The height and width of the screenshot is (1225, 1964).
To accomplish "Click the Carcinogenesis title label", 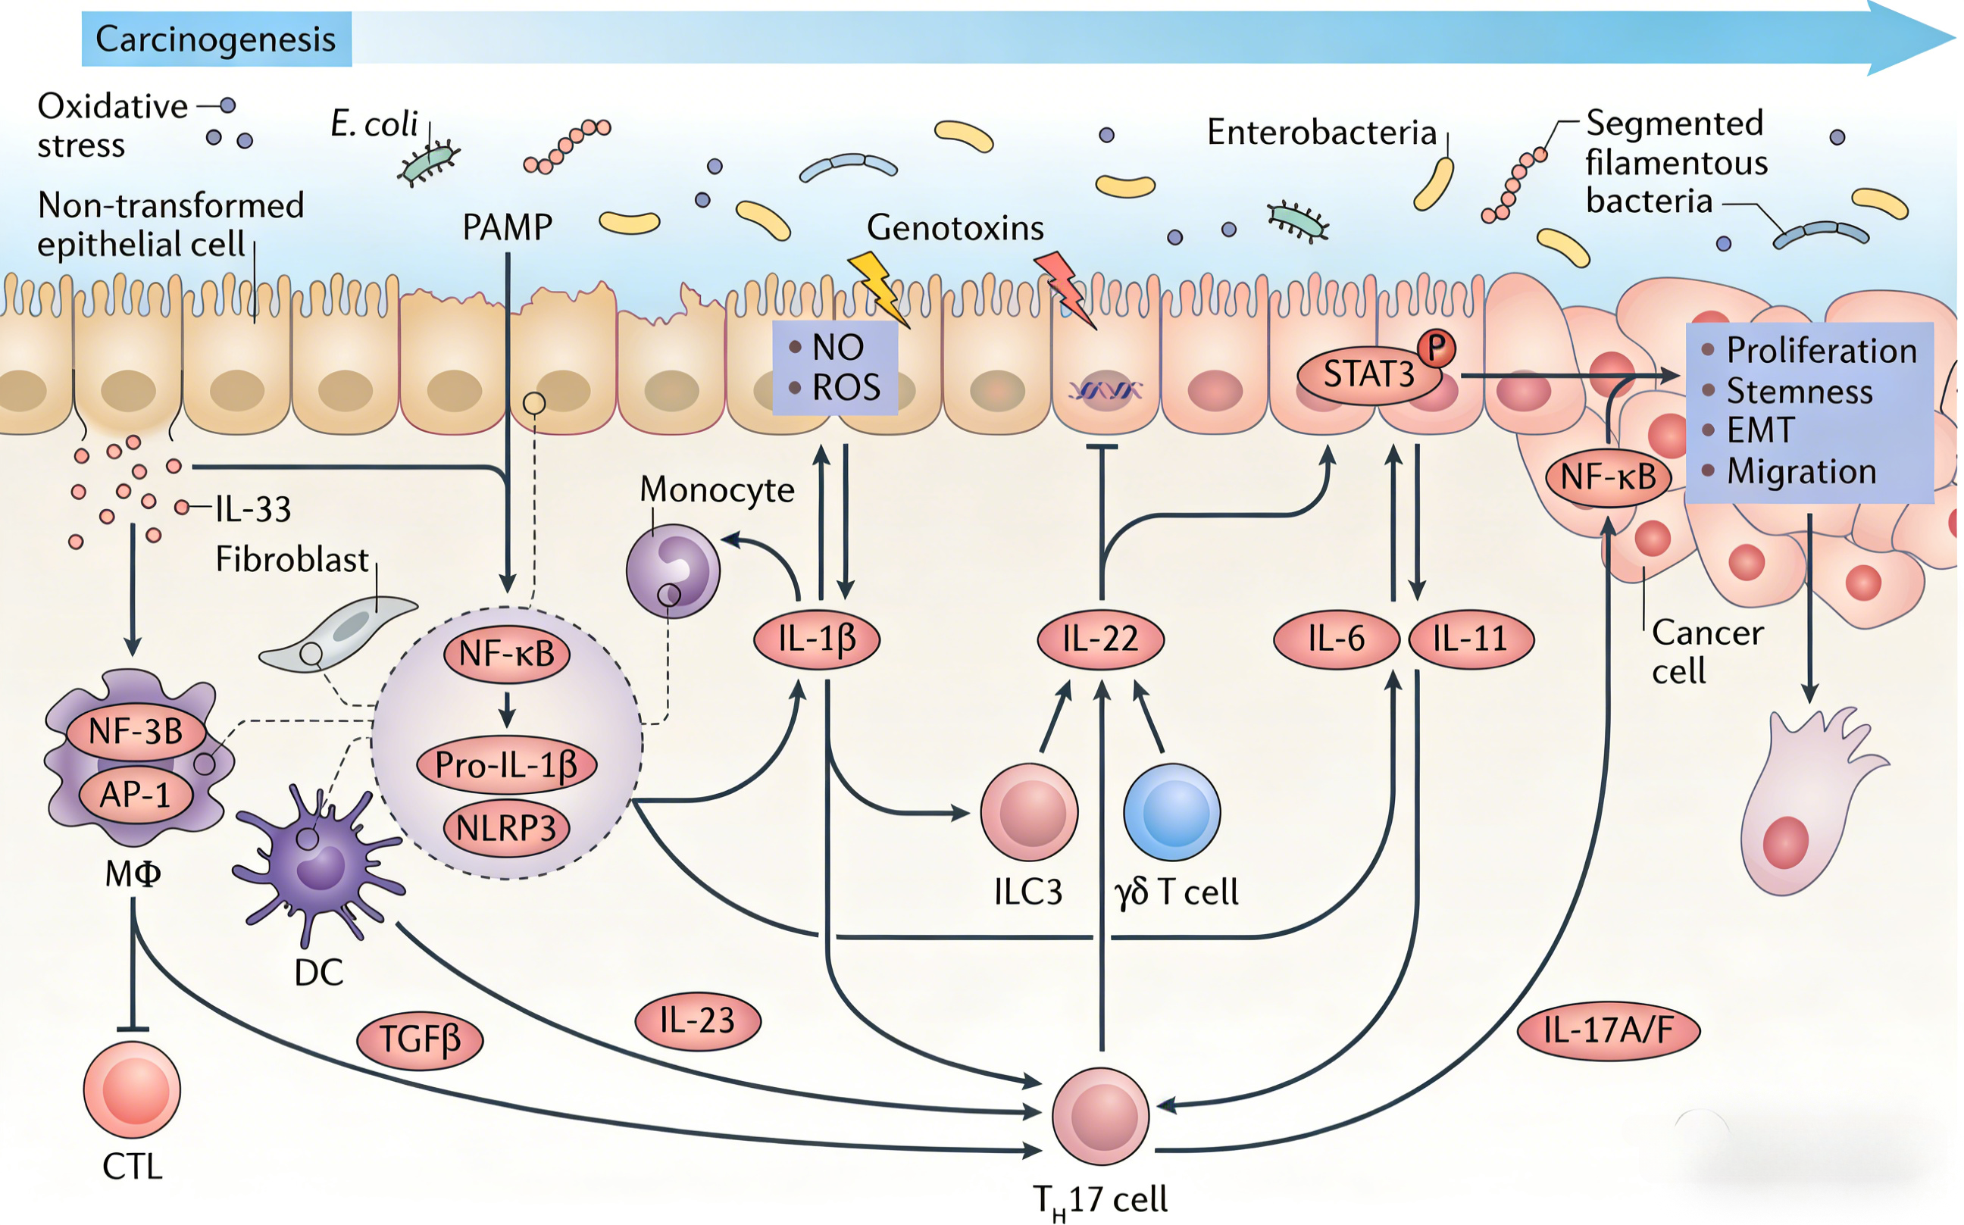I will [215, 39].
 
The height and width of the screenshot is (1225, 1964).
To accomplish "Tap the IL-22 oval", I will [1100, 639].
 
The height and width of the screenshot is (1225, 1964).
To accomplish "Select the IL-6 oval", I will [1336, 639].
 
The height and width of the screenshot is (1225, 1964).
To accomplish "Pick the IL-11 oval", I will [1471, 639].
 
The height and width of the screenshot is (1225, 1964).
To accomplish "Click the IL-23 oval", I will [698, 1021].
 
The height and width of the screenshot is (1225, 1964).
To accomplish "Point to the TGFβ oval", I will [420, 1039].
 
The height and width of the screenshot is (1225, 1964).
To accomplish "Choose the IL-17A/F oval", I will [1609, 1030].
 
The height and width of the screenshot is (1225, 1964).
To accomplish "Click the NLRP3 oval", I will [506, 828].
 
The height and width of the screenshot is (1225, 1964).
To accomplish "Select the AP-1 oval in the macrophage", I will [136, 795].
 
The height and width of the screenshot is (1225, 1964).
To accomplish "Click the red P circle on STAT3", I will [1437, 348].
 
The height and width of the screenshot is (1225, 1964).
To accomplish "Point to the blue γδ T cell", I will [1171, 812].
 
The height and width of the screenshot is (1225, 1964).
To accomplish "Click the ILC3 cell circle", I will [1029, 812].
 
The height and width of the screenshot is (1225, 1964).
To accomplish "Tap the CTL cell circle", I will [132, 1089].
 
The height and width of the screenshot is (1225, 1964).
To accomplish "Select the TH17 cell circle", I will [1100, 1116].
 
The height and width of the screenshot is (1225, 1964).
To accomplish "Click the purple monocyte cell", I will [674, 570].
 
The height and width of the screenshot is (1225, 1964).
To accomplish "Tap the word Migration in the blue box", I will [1801, 471].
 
